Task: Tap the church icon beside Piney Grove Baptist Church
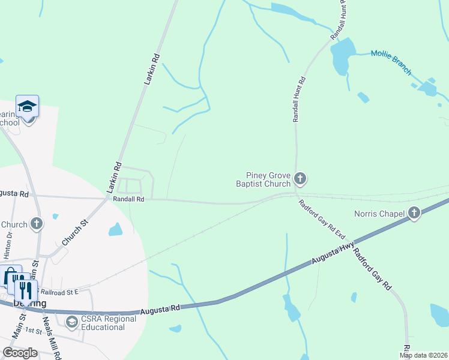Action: tap(300, 178)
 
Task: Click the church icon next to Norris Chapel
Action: tap(414, 212)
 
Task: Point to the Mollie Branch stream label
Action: tap(391, 62)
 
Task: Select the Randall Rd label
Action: tap(128, 199)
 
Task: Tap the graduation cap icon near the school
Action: tap(27, 107)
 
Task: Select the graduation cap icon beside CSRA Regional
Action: tap(72, 323)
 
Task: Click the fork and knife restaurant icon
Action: tap(26, 290)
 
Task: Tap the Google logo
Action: tap(20, 352)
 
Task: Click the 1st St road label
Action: tap(34, 331)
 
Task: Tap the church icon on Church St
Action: tap(37, 224)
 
